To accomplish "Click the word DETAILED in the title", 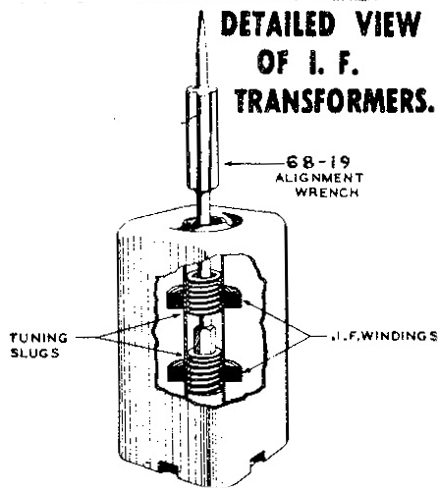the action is pos(278,24).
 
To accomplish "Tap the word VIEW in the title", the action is pos(388,24).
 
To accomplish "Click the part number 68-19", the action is pos(318,162).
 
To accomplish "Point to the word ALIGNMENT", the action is pos(319,178).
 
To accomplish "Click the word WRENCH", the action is pos(327,192).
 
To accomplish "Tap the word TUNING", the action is pos(38,338).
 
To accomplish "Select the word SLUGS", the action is pos(35,353).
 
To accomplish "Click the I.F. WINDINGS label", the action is pos(382,336).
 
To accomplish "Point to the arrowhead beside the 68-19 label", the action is pos(229,163).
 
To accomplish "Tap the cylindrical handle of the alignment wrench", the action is pos(202,137).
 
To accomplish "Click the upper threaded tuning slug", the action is pos(204,293).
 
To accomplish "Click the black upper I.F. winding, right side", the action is pos(233,296).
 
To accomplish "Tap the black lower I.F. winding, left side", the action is pos(177,370).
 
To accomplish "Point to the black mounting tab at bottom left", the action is pos(167,466).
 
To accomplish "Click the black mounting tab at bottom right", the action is pos(258,457).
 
